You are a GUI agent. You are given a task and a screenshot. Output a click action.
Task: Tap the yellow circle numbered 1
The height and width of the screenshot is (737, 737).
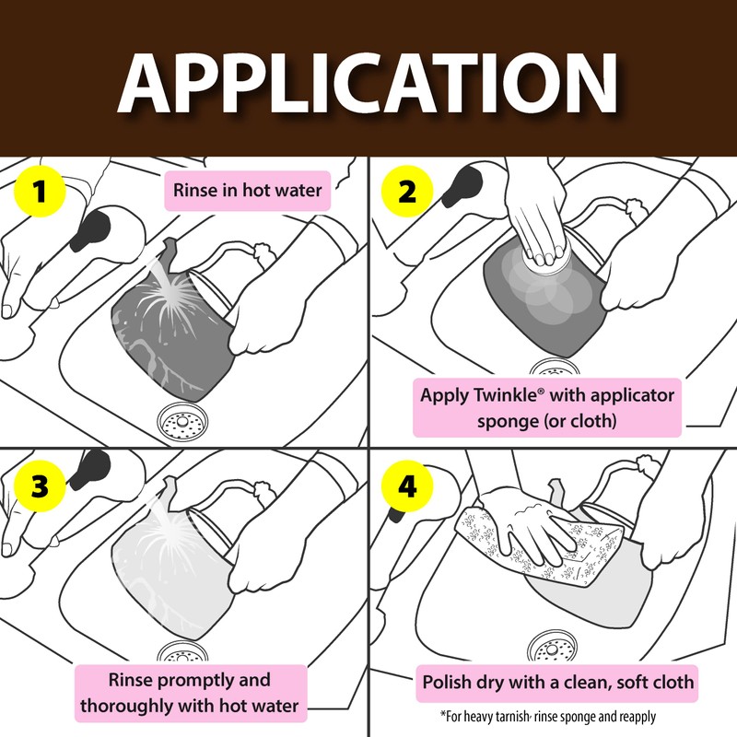click(40, 193)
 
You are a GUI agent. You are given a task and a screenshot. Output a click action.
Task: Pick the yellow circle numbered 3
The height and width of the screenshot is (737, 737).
click(40, 486)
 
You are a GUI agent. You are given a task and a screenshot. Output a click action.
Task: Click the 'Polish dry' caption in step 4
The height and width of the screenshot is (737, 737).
click(558, 684)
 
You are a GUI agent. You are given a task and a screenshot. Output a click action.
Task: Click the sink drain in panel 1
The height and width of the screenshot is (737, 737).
click(184, 422)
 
